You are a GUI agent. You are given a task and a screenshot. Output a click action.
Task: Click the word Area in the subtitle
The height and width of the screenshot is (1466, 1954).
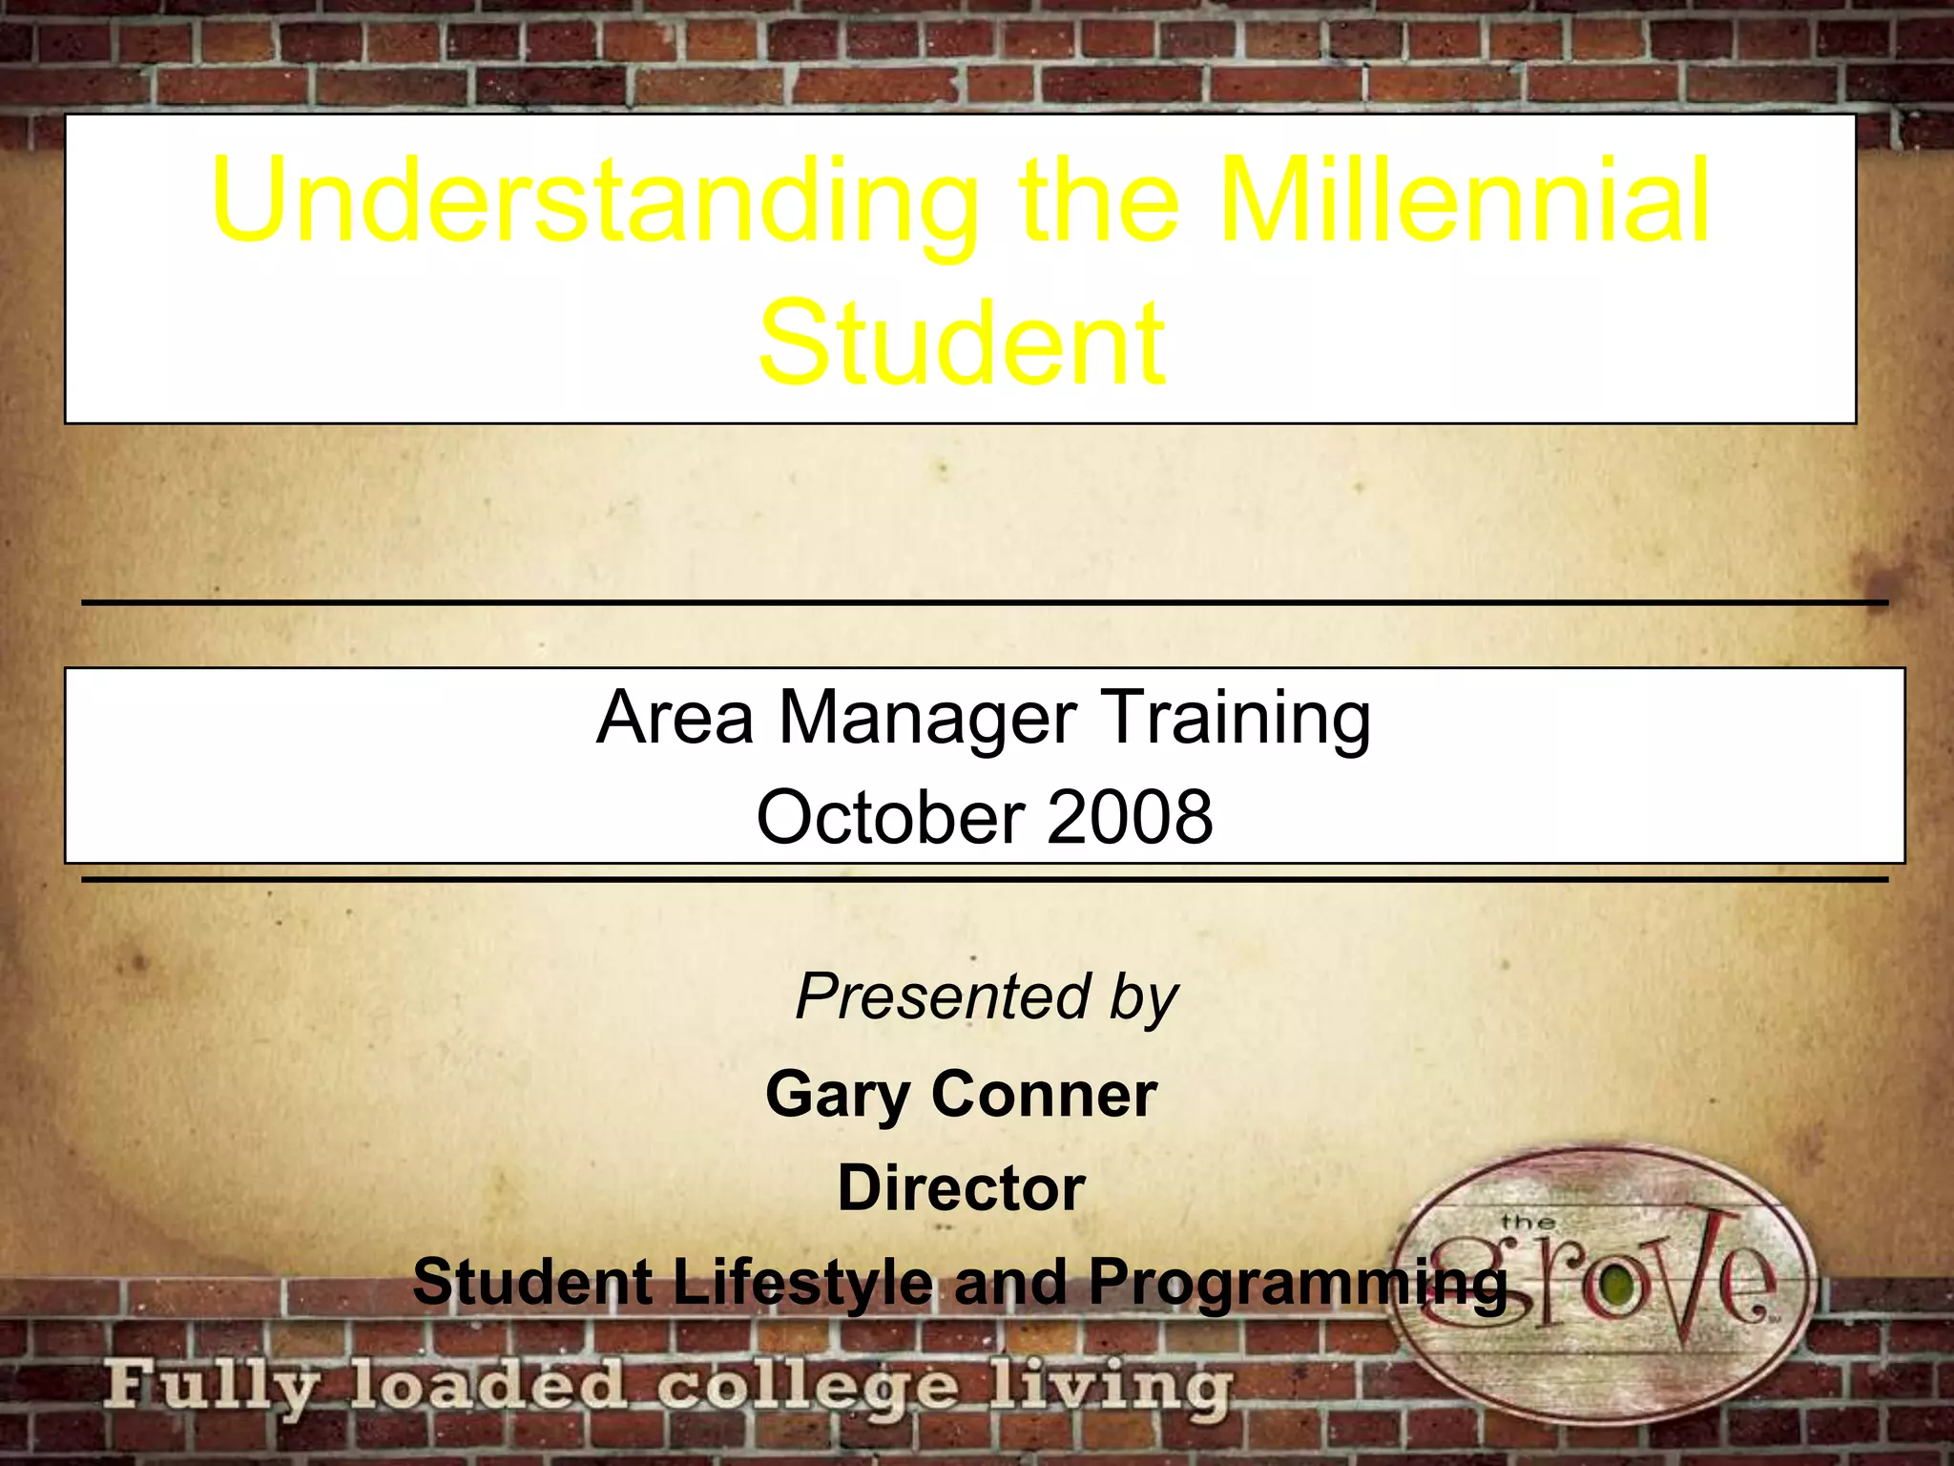click(x=676, y=717)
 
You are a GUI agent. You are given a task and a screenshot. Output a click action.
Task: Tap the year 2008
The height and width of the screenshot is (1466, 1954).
click(x=1130, y=818)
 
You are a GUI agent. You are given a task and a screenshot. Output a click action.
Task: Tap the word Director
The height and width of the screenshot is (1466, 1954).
click(x=961, y=1188)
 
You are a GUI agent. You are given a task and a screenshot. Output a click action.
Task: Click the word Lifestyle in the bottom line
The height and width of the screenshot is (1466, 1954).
click(x=801, y=1282)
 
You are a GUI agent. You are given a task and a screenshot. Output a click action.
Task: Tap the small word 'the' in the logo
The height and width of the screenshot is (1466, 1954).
click(x=1528, y=1223)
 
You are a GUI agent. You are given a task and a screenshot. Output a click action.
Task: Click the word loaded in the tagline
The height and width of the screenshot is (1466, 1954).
click(x=487, y=1387)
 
